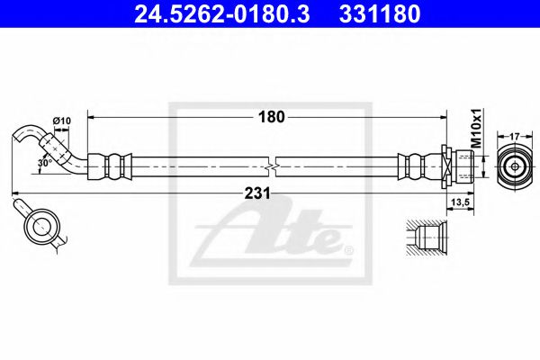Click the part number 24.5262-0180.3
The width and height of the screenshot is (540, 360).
click(213, 13)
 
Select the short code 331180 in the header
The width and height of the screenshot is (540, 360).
click(378, 13)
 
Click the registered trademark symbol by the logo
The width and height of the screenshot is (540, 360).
click(349, 248)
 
